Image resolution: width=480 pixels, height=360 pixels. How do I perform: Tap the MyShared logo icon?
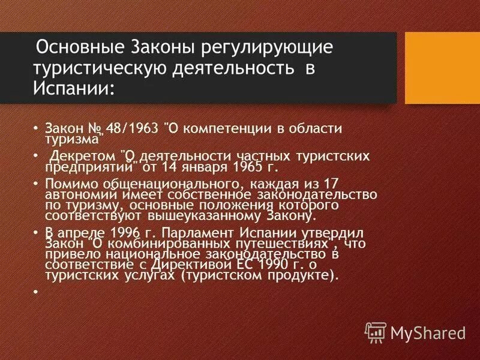pos(376,331)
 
